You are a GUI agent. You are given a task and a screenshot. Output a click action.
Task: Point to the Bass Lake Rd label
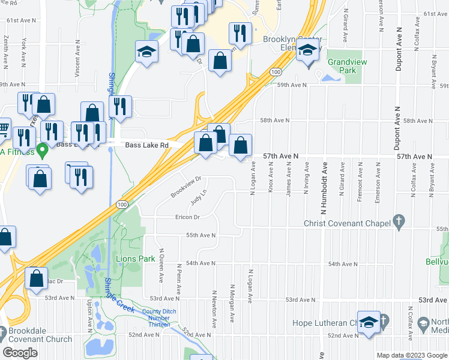point(148,145)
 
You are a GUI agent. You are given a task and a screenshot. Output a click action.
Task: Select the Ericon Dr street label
point(187,217)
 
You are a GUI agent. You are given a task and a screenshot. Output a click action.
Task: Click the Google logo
point(20,352)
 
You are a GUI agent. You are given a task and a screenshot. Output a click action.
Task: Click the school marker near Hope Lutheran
point(369,322)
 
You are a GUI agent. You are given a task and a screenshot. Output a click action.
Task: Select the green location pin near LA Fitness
point(41,148)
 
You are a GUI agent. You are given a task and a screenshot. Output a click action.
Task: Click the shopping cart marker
point(4,128)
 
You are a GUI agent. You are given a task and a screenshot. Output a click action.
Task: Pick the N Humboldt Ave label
point(324,188)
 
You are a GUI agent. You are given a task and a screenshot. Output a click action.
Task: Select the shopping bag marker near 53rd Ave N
point(37,278)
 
